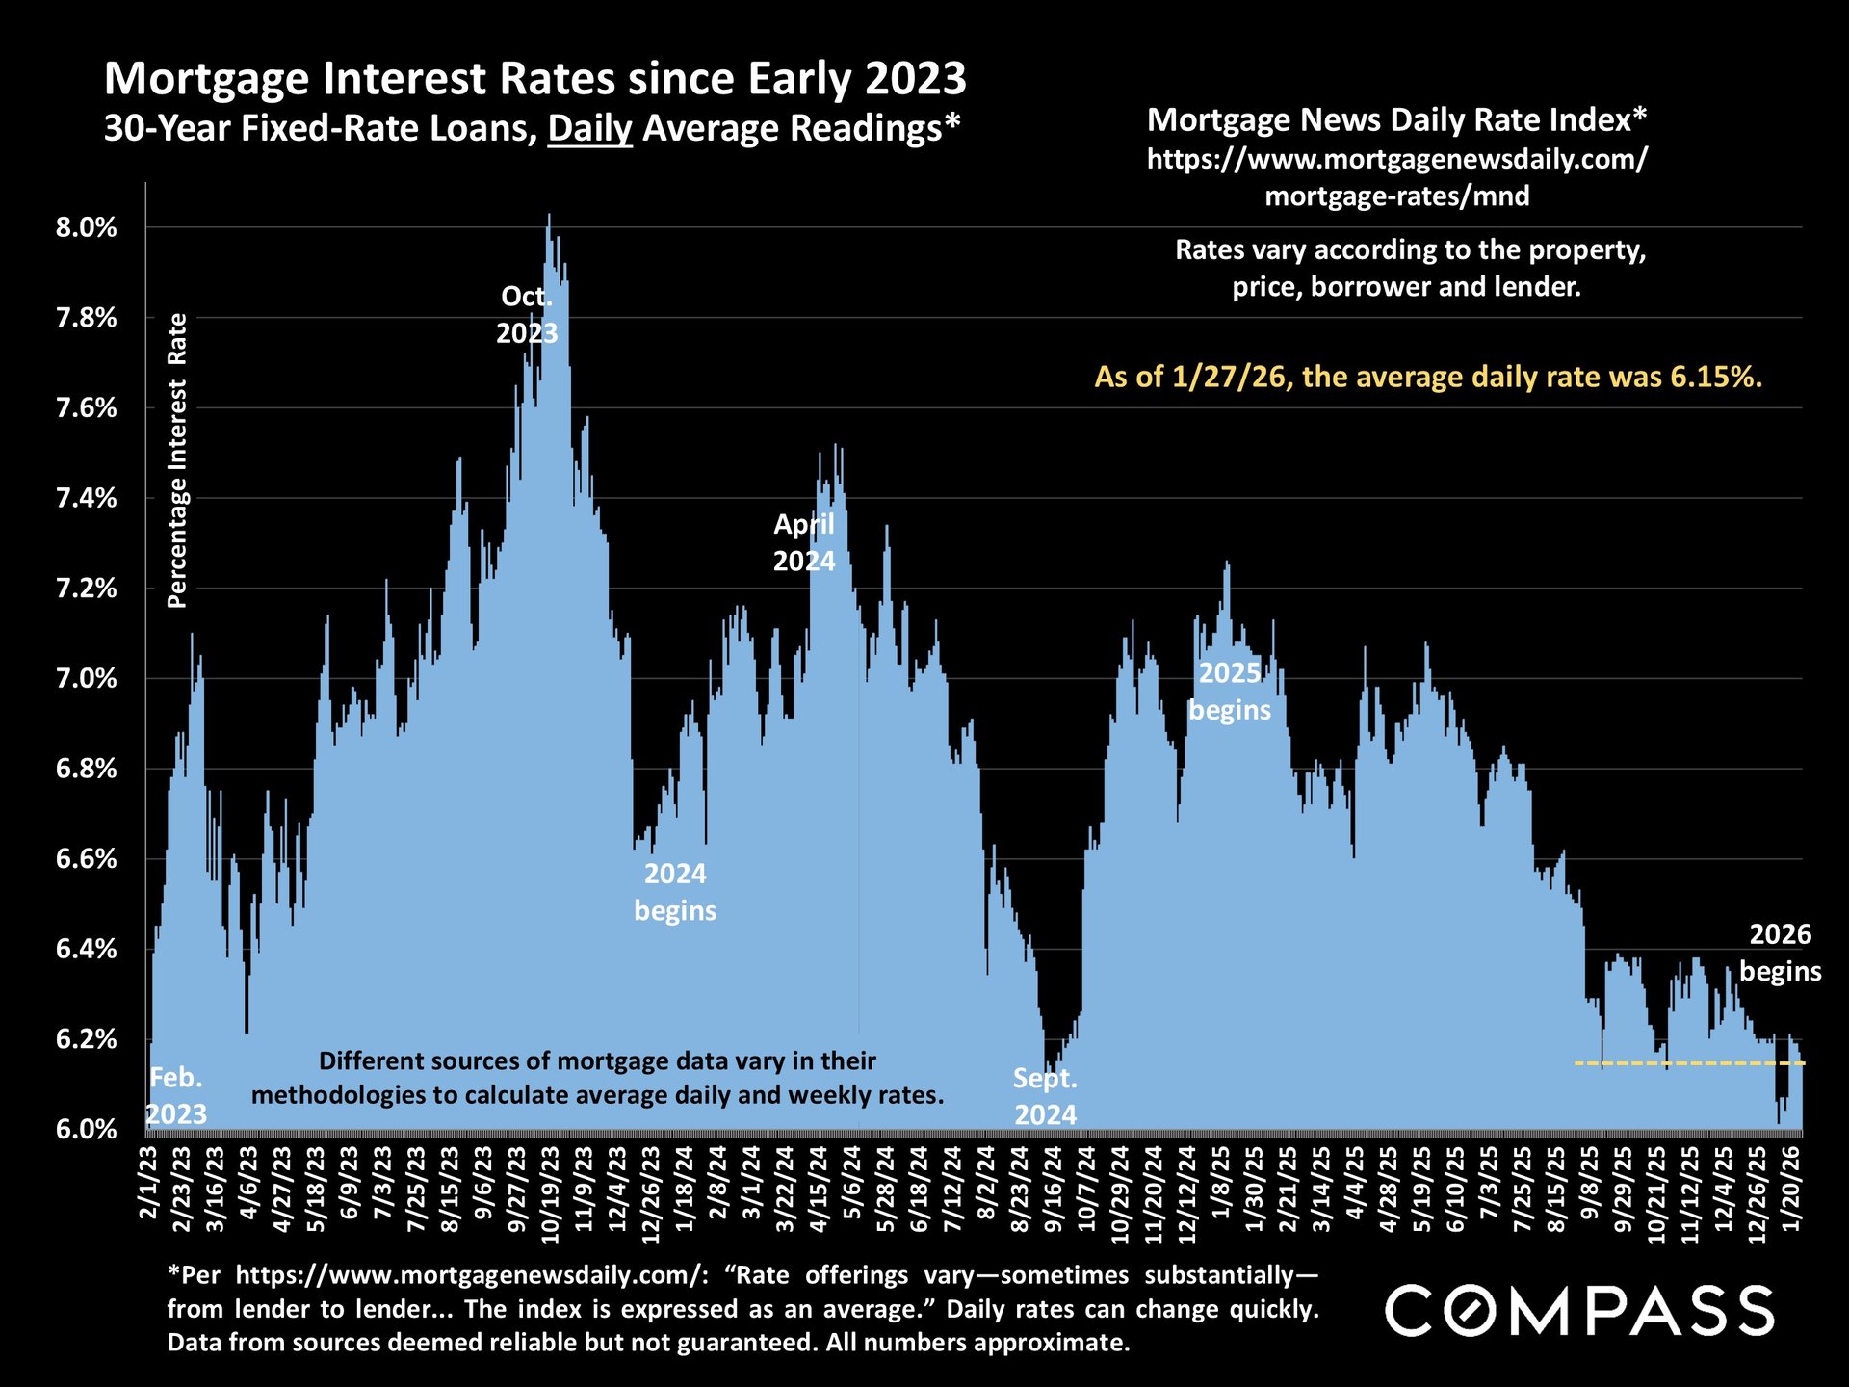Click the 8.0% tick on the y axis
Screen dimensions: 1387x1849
click(x=86, y=228)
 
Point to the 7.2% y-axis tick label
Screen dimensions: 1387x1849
click(x=86, y=589)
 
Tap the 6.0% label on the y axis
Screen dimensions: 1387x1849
click(x=86, y=1129)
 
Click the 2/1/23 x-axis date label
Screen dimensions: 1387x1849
click(x=149, y=1182)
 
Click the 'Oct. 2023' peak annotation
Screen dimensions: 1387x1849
click(x=527, y=315)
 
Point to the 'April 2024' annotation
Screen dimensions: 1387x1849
click(x=804, y=543)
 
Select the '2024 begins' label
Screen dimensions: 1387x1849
click(x=675, y=892)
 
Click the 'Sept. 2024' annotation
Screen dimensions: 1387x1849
click(x=1045, y=1097)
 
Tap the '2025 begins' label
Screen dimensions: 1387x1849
click(x=1230, y=692)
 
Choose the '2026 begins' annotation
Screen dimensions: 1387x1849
click(x=1781, y=953)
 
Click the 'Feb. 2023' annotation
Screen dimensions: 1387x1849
click(x=176, y=1096)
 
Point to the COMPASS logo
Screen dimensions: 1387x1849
click(x=1579, y=1311)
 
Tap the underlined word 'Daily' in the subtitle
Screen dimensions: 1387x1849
click(x=589, y=128)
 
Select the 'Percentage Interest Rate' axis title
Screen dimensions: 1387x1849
click(x=177, y=460)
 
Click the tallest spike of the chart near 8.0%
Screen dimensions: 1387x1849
click(x=549, y=218)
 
